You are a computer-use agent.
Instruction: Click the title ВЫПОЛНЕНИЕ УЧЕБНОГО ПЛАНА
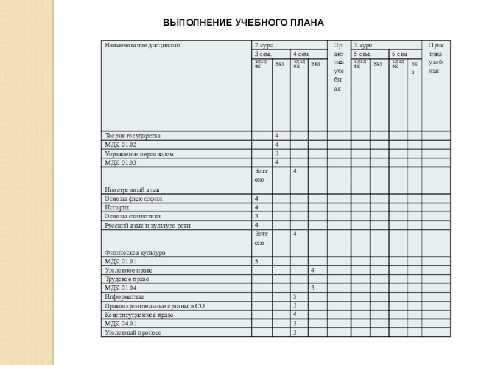[243, 23]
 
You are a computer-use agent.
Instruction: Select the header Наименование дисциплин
[143, 45]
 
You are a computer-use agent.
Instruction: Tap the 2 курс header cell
[264, 45]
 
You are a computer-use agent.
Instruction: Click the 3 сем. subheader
[263, 54]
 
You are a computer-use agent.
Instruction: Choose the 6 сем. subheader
[400, 54]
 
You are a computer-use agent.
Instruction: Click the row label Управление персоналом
[139, 154]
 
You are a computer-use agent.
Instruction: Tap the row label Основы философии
[133, 199]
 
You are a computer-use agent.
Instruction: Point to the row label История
[117, 207]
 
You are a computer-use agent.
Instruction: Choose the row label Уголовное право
[128, 270]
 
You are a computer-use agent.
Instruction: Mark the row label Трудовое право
[127, 279]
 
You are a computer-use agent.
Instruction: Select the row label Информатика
[124, 296]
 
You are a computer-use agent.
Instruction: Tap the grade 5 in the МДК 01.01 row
[257, 261]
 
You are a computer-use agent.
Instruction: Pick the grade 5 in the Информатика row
[295, 296]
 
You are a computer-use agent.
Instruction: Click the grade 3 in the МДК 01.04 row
[312, 288]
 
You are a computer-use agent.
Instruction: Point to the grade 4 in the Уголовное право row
[312, 270]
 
